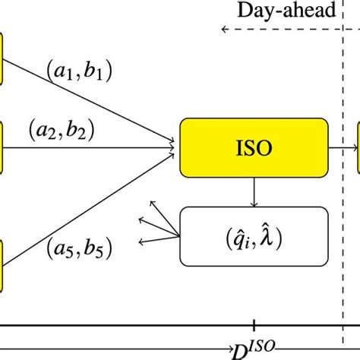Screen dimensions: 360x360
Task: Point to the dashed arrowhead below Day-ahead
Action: click(224, 29)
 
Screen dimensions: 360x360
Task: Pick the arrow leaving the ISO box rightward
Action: click(343, 147)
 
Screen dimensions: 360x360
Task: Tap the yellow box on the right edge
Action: click(357, 147)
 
